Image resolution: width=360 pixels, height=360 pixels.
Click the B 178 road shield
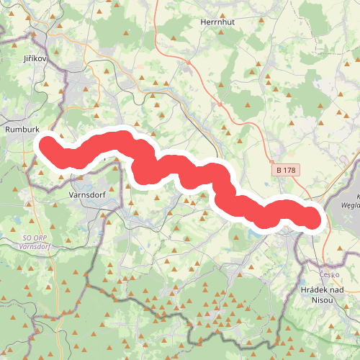tap(286, 170)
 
